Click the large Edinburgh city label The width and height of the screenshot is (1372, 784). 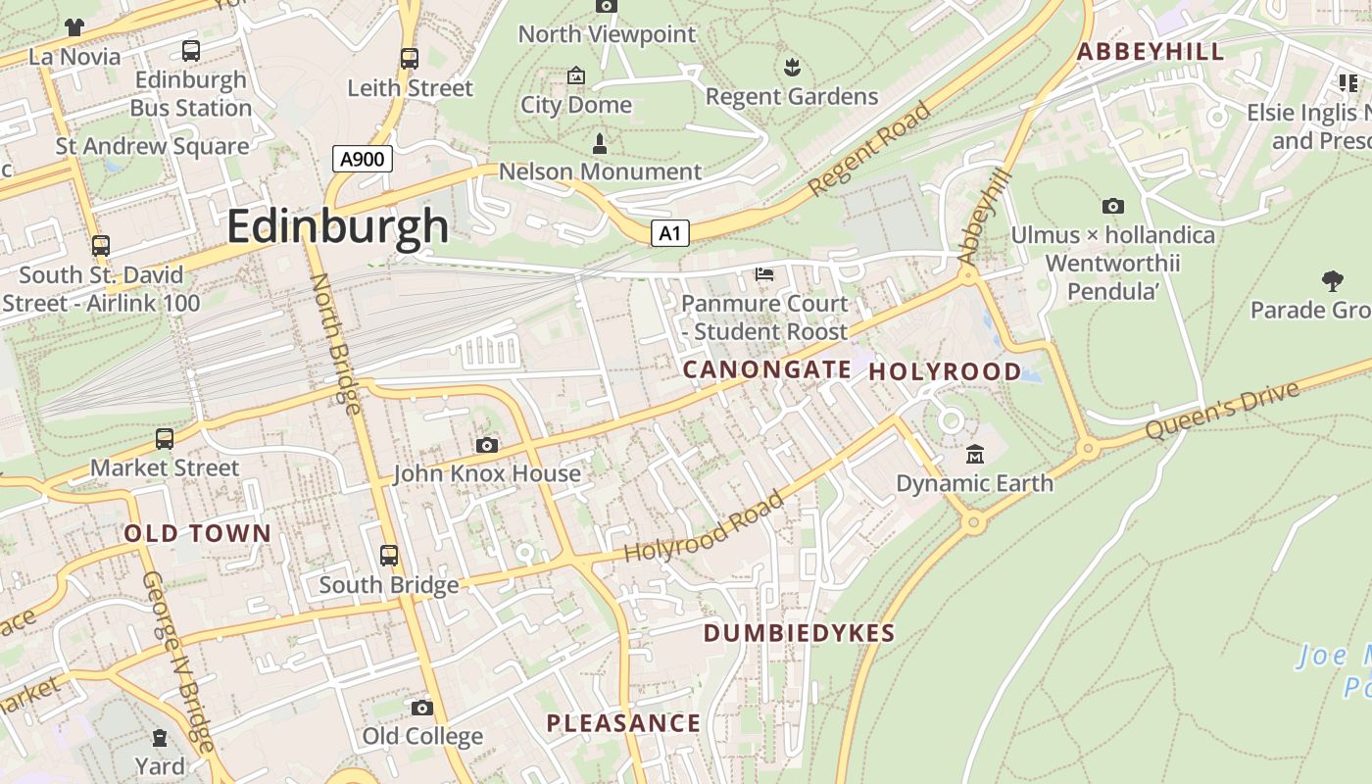tap(337, 226)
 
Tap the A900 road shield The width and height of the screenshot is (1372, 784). tap(362, 159)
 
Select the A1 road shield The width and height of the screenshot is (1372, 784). tap(669, 233)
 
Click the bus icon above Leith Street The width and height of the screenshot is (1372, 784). tap(410, 59)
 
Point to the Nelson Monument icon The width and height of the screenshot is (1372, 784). tap(600, 144)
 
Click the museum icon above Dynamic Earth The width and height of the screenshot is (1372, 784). tap(974, 454)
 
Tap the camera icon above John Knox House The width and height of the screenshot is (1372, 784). tap(486, 446)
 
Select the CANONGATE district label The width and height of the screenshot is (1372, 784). tap(766, 369)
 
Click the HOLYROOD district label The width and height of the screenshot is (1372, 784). tap(945, 371)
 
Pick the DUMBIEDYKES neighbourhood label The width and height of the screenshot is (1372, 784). tap(799, 633)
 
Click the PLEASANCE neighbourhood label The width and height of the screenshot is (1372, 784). tap(623, 724)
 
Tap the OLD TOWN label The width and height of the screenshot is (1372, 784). tap(197, 534)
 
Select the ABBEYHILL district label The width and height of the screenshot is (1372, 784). tap(1151, 52)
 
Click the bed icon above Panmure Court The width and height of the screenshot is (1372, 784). tap(764, 274)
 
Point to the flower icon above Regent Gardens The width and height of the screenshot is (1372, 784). tap(792, 68)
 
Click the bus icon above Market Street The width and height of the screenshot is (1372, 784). tap(165, 439)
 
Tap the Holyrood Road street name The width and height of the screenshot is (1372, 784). tap(705, 527)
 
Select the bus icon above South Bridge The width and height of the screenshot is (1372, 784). tap(389, 556)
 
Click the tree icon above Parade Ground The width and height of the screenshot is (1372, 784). tap(1332, 281)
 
